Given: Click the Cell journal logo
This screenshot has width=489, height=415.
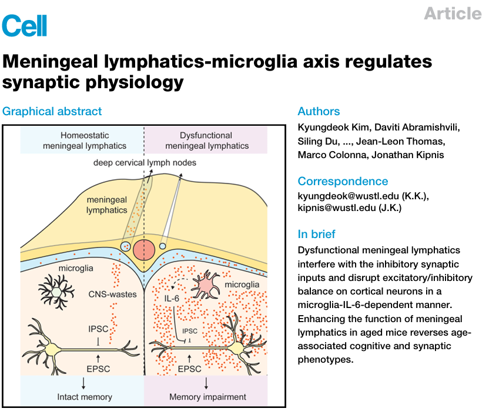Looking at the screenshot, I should click(x=24, y=25).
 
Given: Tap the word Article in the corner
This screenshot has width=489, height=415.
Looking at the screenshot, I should click(x=453, y=14).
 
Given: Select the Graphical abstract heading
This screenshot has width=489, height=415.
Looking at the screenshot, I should click(x=52, y=111).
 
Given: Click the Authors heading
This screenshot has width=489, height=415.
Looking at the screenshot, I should click(x=319, y=111).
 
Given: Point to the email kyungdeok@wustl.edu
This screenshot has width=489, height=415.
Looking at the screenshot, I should click(x=346, y=196).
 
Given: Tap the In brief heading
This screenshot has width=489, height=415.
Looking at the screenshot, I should click(x=317, y=234).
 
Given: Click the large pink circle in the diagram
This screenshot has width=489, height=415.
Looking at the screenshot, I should click(x=144, y=249).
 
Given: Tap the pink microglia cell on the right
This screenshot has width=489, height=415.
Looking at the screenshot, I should click(x=209, y=285).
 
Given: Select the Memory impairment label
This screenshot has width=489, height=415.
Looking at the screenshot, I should click(x=207, y=397).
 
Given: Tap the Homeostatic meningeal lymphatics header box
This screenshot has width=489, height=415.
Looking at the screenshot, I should click(x=82, y=140).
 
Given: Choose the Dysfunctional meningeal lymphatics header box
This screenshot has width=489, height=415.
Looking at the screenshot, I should click(x=206, y=140).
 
